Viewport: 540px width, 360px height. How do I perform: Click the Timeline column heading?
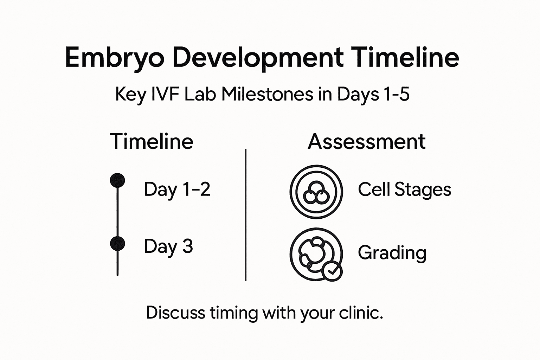pos(152,141)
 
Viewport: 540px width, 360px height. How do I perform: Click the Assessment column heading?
pos(366,141)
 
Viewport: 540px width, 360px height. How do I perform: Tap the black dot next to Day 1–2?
pos(117,181)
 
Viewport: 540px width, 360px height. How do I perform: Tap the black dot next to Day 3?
pos(117,244)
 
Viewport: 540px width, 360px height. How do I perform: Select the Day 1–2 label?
pos(177,189)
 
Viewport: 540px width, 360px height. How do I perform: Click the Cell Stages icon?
pos(316,192)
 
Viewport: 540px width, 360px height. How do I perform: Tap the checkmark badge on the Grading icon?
pos(332,271)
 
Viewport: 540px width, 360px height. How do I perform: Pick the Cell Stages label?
pos(404,189)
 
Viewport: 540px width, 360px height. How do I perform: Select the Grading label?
pos(392,253)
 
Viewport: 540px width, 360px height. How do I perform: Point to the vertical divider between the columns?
pos(245,214)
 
